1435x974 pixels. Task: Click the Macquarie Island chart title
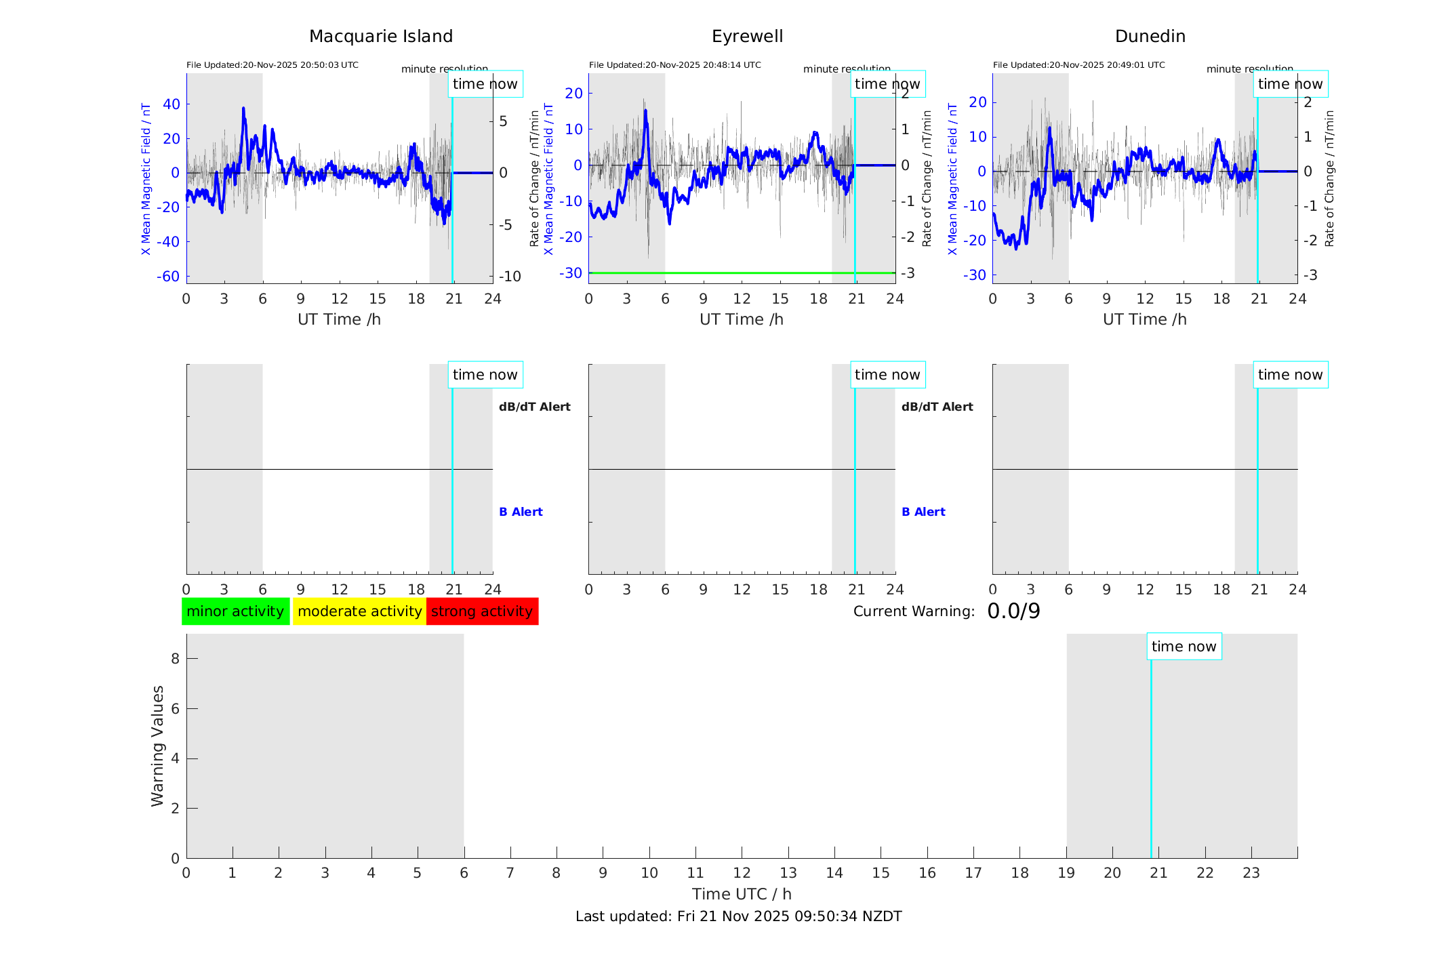pos(380,37)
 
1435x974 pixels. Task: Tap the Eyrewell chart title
pos(747,37)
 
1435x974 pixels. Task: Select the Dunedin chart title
pos(1150,37)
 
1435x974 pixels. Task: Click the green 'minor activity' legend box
pos(235,611)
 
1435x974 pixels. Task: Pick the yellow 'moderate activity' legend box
pos(359,611)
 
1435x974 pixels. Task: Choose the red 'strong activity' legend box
pos(482,611)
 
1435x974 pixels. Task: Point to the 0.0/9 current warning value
pos(1013,611)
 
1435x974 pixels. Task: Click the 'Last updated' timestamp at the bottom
pos(738,916)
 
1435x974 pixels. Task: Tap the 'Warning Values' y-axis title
pos(157,746)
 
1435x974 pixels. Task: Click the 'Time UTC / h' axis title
pos(742,894)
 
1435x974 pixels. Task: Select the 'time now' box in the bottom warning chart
pos(1184,647)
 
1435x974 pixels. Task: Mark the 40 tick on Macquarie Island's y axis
pos(171,104)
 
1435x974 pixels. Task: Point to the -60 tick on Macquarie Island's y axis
pos(168,277)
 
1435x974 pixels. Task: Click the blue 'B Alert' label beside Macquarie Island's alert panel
pos(521,512)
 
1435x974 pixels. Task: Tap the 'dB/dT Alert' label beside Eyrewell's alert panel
pos(937,407)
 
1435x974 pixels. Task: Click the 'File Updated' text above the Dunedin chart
pos(1078,65)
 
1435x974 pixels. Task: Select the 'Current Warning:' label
pos(914,611)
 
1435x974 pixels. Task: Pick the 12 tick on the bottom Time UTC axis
pos(742,873)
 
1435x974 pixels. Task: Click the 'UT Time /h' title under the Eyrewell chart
pos(742,319)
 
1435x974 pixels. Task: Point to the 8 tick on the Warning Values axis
pos(175,658)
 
